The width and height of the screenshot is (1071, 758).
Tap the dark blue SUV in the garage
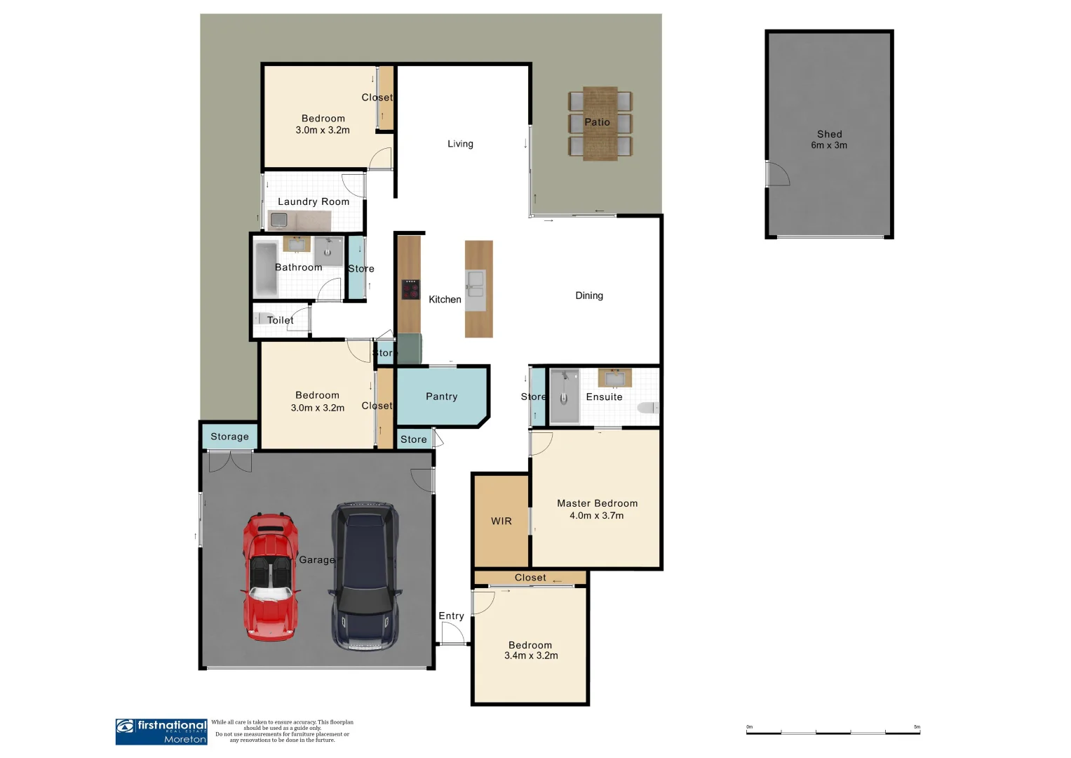pos(364,576)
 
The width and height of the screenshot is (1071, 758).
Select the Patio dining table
pos(600,124)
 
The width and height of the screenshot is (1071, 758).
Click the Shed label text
pos(829,134)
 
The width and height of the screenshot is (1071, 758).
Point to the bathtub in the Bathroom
pos(266,269)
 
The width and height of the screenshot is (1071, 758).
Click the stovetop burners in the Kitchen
pos(410,289)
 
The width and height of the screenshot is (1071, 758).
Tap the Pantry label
pos(441,397)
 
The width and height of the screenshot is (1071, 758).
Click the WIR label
pos(501,521)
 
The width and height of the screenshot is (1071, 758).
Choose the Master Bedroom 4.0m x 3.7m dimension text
pos(596,515)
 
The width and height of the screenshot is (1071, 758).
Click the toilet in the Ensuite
pos(648,408)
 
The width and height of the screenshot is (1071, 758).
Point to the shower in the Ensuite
pos(564,397)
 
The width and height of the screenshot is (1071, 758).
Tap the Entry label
pos(451,616)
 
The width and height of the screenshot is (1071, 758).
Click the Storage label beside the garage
pos(229,437)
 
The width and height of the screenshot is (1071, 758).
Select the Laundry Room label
pos(313,201)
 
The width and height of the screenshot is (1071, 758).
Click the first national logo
pos(161,731)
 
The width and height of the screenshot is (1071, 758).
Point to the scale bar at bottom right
pos(833,732)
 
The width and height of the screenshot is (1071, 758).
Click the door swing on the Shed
pos(777,174)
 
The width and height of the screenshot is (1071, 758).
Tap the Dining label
pos(588,295)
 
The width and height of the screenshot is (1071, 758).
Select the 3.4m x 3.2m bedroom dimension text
pos(531,656)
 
